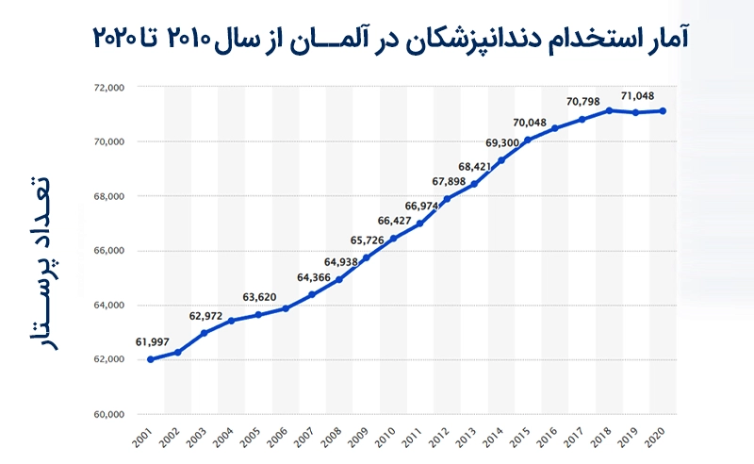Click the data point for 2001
tap(151, 359)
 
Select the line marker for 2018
tap(609, 110)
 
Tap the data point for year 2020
tap(664, 110)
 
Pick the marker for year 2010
tap(393, 238)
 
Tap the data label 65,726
tap(369, 240)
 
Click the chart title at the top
tap(390, 36)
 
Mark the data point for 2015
tap(528, 140)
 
